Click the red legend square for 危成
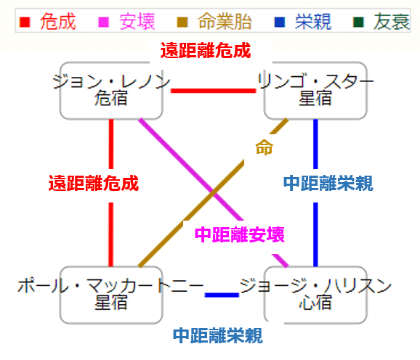point(25,22)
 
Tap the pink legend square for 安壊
point(104,22)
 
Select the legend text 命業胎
point(225,22)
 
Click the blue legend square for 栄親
point(280,22)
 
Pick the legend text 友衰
point(392,22)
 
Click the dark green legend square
point(358,22)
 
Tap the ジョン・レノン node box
point(111,91)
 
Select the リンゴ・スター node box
point(315,91)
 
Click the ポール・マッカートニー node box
point(111,295)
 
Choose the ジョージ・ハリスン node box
point(315,295)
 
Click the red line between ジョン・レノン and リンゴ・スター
point(214,91)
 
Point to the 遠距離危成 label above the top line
point(206,50)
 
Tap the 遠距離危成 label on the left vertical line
point(94,183)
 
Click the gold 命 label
point(264,147)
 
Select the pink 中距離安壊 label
point(240,234)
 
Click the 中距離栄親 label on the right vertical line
point(328,183)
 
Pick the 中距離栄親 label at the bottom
point(218,335)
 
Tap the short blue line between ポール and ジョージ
point(222,295)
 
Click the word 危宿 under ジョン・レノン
point(111,98)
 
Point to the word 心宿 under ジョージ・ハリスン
point(315,302)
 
